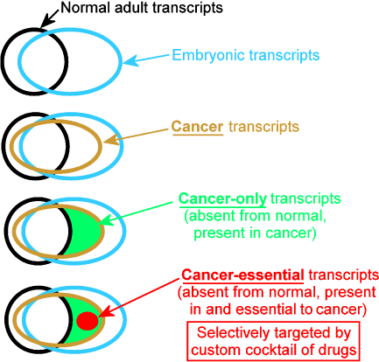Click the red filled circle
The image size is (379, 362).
click(88, 321)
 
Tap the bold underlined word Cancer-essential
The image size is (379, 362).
click(242, 275)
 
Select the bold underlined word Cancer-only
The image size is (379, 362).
click(222, 198)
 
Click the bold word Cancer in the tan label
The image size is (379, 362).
click(197, 127)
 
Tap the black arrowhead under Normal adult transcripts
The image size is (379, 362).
click(46, 23)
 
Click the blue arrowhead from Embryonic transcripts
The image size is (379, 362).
click(130, 60)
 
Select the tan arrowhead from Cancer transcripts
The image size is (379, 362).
click(111, 139)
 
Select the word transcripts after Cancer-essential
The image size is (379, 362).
click(343, 275)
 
